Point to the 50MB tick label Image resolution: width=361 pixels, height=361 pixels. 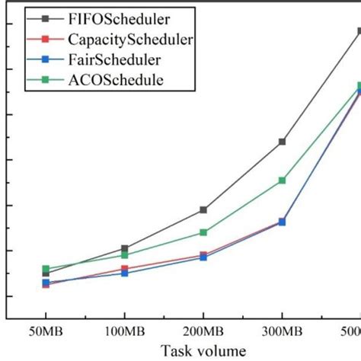45,332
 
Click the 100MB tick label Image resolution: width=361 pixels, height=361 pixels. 124,332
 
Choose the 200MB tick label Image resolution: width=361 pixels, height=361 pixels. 203,332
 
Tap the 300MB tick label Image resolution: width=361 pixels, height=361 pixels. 282,332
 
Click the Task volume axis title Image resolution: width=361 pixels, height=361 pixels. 203,351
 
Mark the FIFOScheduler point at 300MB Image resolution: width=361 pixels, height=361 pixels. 282,142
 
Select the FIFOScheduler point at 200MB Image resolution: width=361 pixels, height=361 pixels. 203,209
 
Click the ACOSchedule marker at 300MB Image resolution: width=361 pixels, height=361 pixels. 282,180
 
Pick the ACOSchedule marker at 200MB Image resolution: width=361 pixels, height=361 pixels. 203,232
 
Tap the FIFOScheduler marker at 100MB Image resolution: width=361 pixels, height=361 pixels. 125,248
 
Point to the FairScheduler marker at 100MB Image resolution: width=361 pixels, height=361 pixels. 125,273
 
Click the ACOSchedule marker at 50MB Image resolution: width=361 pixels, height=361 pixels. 46,269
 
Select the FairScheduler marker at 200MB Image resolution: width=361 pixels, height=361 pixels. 203,257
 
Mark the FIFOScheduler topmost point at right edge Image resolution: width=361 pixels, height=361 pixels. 358,31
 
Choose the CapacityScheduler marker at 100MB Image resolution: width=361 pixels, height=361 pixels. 125,268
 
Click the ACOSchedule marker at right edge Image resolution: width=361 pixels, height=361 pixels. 358,86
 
